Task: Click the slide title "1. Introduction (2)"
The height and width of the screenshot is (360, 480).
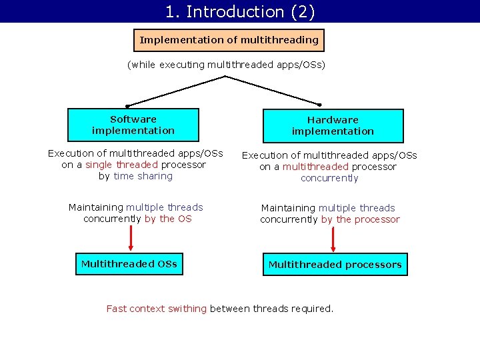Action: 240,11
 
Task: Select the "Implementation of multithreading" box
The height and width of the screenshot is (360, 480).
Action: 229,40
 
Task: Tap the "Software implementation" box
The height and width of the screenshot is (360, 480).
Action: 133,125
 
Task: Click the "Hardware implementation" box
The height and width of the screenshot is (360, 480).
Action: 333,125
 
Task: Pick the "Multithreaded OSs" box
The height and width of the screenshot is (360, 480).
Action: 129,264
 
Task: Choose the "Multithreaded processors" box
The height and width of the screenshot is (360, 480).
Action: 335,265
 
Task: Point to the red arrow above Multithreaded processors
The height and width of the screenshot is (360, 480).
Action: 333,239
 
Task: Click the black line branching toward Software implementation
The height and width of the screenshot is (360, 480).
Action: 177,91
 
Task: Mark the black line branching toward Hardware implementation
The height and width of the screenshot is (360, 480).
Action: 273,91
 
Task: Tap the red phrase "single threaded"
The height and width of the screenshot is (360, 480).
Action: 121,165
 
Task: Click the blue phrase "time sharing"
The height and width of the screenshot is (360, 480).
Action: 143,176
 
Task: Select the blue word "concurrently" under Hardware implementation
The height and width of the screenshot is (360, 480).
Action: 329,178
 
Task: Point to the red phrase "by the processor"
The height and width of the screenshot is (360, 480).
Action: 361,219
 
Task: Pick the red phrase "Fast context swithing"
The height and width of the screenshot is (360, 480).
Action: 157,309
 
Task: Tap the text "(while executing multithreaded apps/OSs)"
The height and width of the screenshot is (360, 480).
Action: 226,65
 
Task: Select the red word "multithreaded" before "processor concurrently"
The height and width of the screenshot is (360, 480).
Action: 315,167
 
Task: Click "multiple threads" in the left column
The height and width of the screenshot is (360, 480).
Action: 165,207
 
